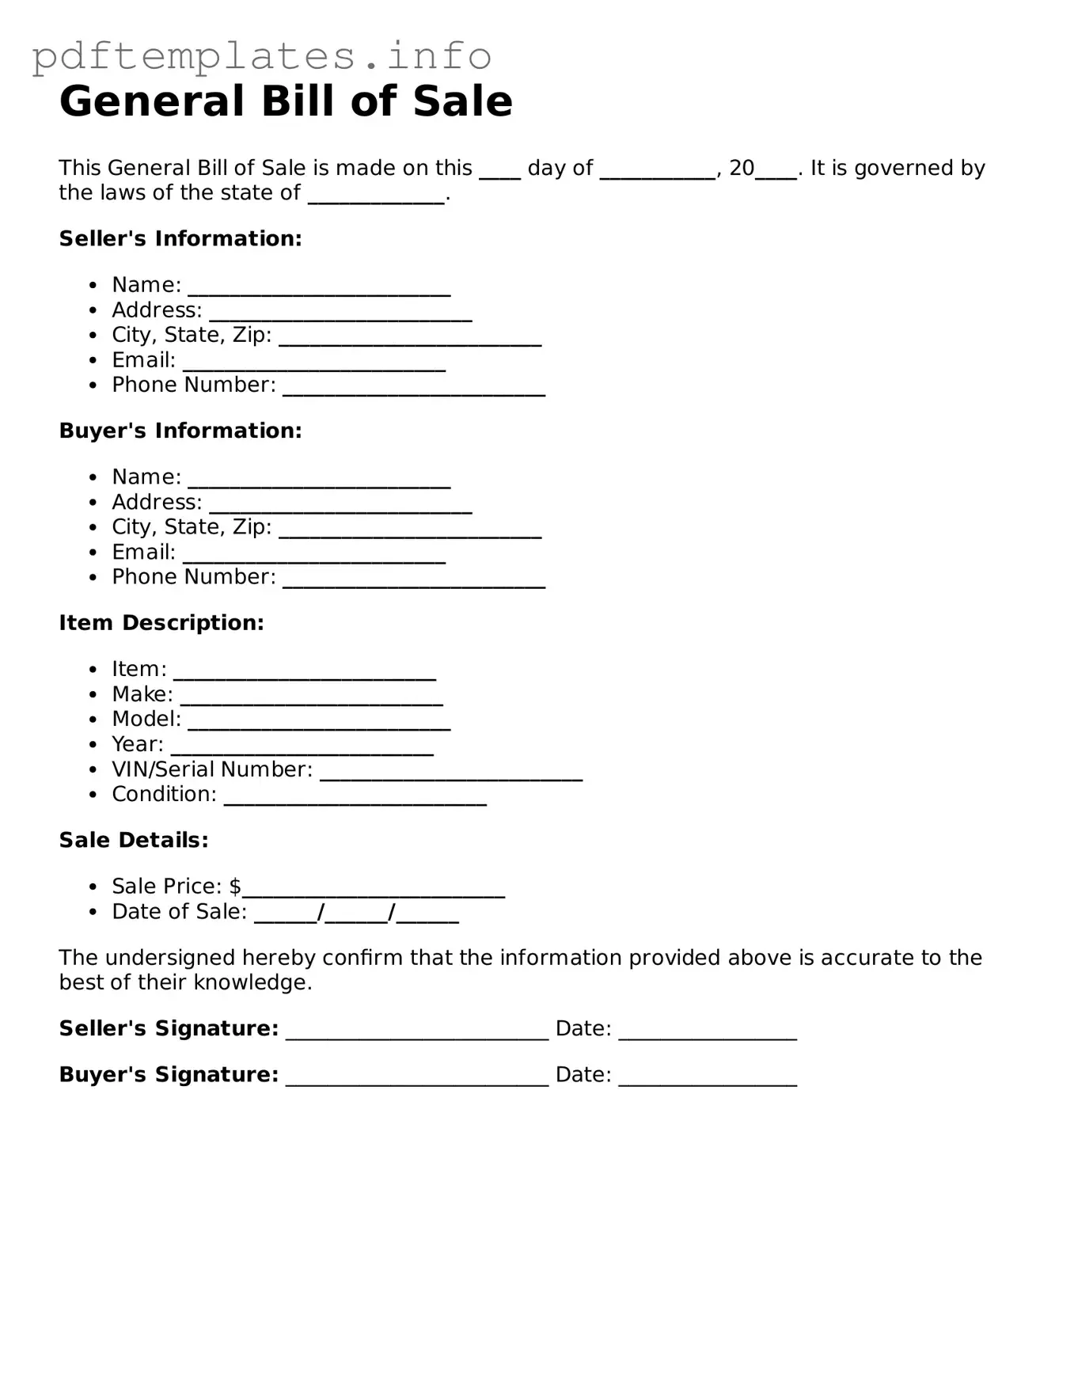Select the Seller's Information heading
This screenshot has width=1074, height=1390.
click(180, 238)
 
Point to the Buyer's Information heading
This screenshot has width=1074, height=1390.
click(180, 431)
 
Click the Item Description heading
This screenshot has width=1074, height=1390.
click(161, 623)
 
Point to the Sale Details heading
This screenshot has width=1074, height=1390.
click(134, 840)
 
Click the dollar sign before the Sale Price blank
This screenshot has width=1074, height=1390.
click(235, 886)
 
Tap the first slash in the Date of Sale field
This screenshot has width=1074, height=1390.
click(321, 912)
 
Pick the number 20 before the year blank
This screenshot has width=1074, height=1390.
click(742, 168)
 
